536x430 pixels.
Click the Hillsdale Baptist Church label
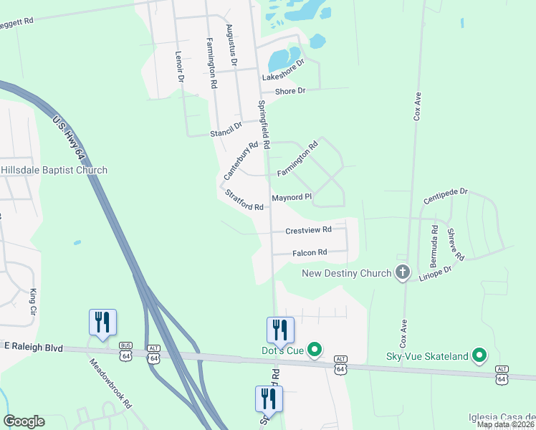pyautogui.click(x=54, y=170)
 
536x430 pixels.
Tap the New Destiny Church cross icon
pyautogui.click(x=402, y=272)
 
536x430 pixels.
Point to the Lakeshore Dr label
pyautogui.click(x=283, y=70)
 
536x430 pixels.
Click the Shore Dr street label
pyautogui.click(x=292, y=91)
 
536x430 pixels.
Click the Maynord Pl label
pyautogui.click(x=292, y=197)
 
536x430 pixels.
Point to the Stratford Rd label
pyautogui.click(x=244, y=201)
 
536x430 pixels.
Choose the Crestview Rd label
pyautogui.click(x=308, y=230)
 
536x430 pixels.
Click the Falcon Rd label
pyautogui.click(x=310, y=252)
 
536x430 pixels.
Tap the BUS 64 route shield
pyautogui.click(x=126, y=353)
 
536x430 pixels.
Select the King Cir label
pyautogui.click(x=33, y=302)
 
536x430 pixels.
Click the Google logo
pyautogui.click(x=24, y=421)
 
